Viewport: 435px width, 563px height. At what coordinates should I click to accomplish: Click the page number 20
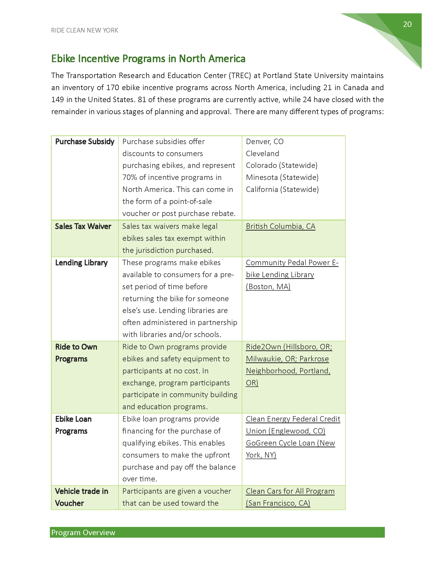407,24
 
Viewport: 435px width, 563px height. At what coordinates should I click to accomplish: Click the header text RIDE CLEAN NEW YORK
84,30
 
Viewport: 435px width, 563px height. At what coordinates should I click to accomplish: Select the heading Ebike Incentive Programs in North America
148,59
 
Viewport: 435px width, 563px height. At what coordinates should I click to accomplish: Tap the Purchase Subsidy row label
84,142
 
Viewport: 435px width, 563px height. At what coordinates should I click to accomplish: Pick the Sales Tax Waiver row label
83,226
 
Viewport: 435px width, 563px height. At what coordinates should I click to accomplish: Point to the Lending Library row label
81,263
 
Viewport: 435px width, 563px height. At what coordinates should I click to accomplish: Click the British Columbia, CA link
280,226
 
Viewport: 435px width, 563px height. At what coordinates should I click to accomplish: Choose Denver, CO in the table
265,142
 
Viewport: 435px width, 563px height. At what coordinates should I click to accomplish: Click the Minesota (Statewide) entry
282,177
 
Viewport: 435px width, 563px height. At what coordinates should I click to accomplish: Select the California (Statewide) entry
282,189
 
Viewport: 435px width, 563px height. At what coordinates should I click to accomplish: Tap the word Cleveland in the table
262,154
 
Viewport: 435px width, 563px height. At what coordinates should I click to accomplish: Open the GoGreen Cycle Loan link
290,443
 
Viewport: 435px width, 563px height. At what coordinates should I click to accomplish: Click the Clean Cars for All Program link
290,491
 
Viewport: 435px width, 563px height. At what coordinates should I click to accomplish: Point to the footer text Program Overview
83,533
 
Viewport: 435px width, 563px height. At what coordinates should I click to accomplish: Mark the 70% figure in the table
130,177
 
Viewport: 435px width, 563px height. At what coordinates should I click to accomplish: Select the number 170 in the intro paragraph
113,88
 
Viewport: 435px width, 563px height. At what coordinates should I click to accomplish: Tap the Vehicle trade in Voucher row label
81,497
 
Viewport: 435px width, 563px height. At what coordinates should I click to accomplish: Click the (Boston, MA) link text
268,287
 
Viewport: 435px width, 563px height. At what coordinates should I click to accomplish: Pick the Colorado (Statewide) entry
281,165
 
